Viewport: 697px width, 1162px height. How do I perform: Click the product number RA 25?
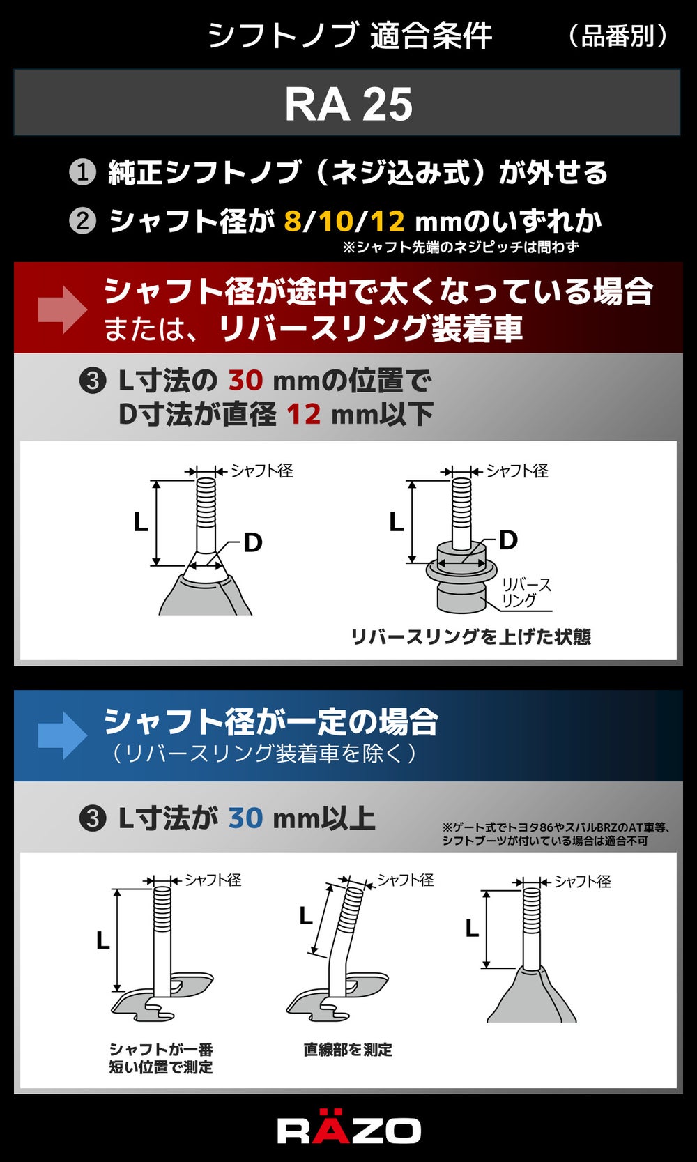348,104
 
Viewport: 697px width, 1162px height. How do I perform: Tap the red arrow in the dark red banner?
62,309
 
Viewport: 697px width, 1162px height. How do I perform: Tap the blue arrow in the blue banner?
62,735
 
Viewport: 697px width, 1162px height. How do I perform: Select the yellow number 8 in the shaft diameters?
293,222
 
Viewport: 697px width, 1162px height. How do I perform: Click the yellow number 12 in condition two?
388,222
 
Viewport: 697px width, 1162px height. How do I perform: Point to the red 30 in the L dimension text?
245,380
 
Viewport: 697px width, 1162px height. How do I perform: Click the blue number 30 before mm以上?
245,818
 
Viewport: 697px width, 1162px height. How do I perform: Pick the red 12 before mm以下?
303,415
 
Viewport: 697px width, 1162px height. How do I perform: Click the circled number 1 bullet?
82,172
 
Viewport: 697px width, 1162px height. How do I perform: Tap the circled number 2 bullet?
82,222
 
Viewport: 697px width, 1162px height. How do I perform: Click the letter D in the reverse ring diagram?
508,540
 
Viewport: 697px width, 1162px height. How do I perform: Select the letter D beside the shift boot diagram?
252,543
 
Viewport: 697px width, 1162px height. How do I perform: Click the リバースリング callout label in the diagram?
526,593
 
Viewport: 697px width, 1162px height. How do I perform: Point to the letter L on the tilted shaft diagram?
306,916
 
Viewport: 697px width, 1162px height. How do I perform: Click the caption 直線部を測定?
348,1050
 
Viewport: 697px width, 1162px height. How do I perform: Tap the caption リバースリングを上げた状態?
471,636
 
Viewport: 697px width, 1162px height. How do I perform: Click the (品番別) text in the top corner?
617,36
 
